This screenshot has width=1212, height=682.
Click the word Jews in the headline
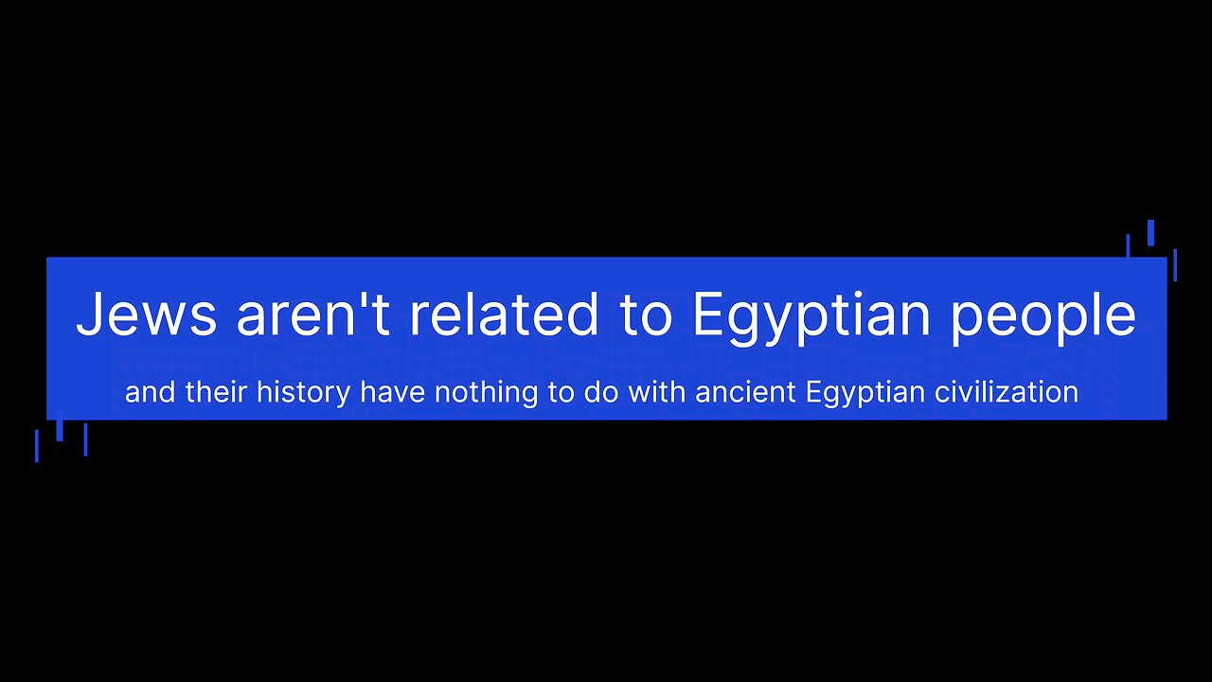pos(147,314)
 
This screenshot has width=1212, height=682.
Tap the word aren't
pos(313,314)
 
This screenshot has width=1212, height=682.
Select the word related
pos(503,314)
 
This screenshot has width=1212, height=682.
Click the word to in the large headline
pos(645,316)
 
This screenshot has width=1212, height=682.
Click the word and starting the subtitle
pos(150,392)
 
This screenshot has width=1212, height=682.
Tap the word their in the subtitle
pos(216,392)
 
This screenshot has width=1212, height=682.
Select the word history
pos(304,394)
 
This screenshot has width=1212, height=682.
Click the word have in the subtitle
pos(393,392)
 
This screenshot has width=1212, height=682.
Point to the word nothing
pos(487,394)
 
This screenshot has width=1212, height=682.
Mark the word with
pos(657,392)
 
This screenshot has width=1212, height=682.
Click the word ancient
pos(745,392)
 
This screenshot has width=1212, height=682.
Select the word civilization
pos(1007,392)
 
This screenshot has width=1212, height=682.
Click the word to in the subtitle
pos(561,393)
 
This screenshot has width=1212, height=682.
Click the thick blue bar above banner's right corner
pos(1150,233)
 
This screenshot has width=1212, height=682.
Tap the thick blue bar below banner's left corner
pos(60,425)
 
